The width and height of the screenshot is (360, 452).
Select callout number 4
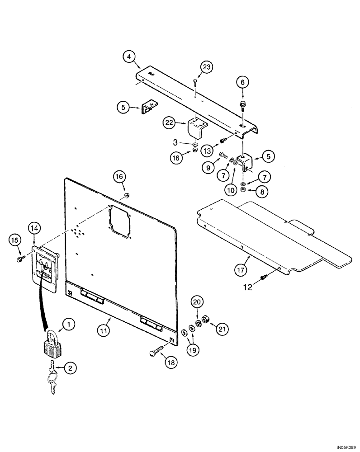click(129, 57)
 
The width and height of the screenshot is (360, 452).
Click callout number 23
click(206, 67)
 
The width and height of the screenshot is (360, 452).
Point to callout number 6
click(242, 82)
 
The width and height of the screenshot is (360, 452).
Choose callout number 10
click(231, 190)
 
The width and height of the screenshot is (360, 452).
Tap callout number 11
click(104, 330)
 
